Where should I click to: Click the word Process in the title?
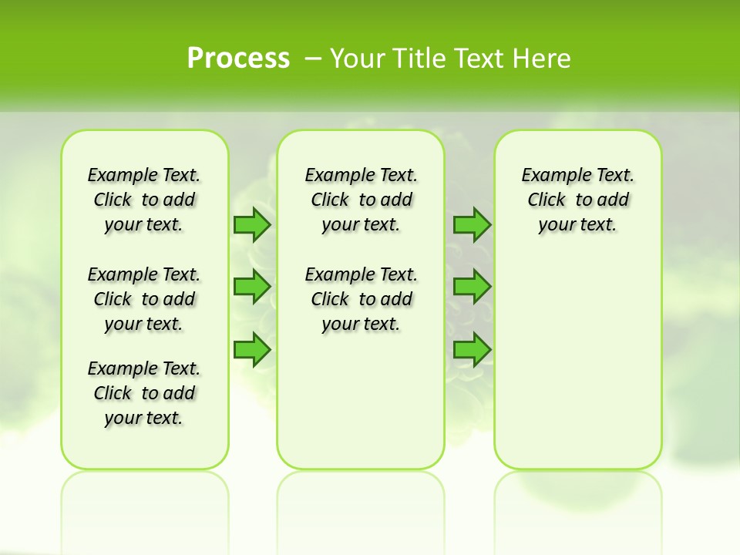click(238, 58)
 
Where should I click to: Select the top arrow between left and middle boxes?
click(251, 225)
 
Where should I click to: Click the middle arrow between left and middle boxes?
click(251, 287)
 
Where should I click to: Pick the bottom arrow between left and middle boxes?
click(251, 348)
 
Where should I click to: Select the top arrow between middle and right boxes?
click(472, 225)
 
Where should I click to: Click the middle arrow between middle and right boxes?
click(472, 287)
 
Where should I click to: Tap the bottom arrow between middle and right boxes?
click(472, 348)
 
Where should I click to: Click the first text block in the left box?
click(144, 200)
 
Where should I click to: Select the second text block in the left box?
click(144, 299)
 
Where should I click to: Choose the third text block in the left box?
click(144, 393)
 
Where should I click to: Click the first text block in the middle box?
click(362, 200)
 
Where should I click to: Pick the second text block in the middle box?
click(362, 299)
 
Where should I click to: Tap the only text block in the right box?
click(578, 200)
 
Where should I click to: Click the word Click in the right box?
click(547, 200)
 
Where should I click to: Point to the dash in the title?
click(313, 59)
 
